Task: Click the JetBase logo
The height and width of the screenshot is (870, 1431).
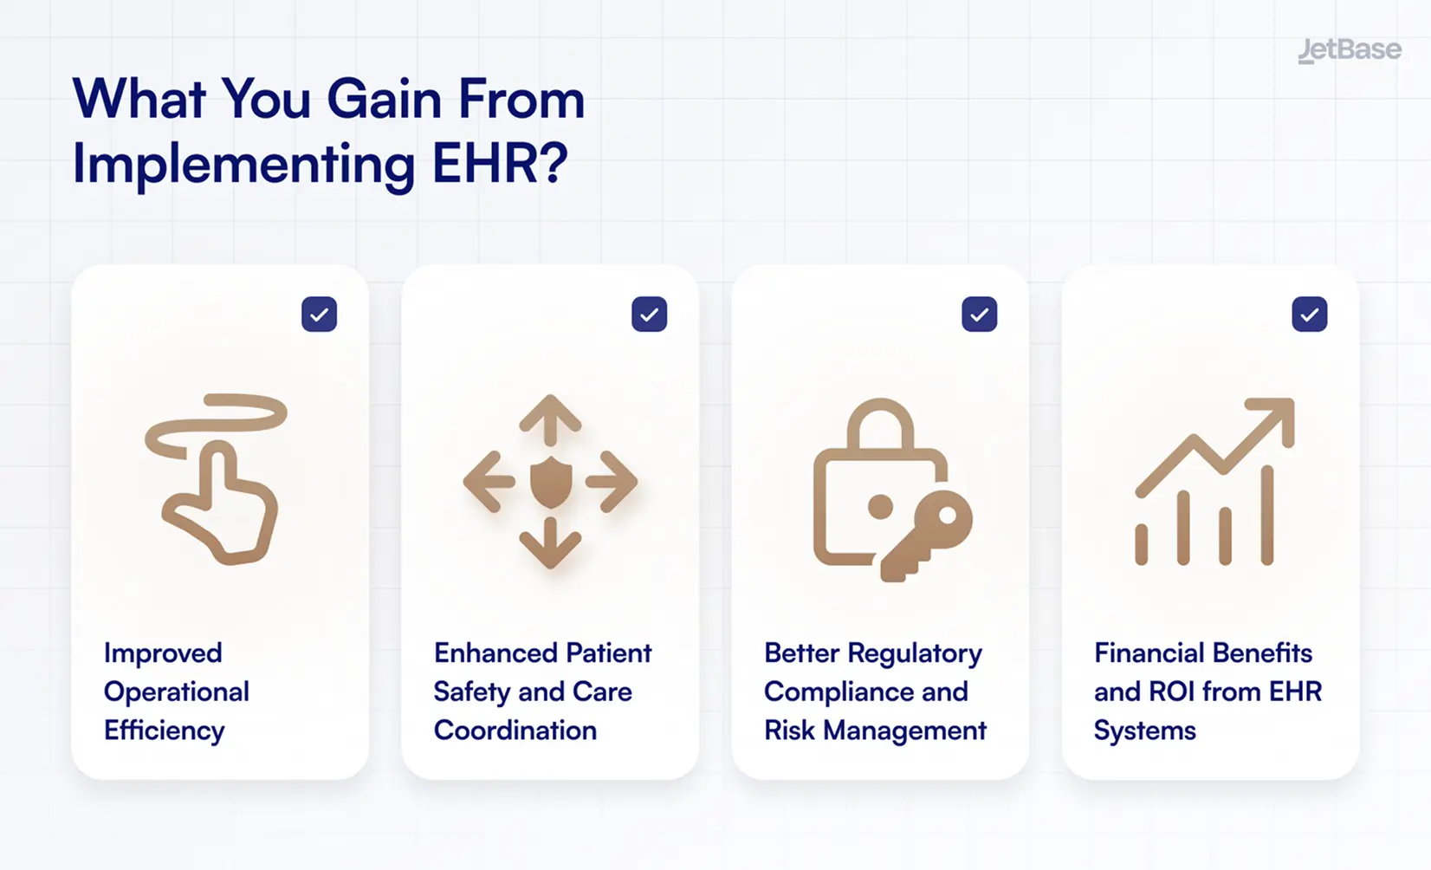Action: click(x=1349, y=50)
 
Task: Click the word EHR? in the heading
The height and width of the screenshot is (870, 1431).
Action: click(x=500, y=163)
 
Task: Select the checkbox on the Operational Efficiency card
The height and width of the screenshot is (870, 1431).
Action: click(x=319, y=315)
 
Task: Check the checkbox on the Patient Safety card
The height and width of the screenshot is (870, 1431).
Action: click(x=649, y=315)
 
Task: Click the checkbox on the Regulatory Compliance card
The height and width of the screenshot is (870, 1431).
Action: click(x=979, y=315)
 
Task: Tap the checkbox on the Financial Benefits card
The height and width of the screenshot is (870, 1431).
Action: click(x=1309, y=315)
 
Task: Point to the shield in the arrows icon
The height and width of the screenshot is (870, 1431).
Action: click(x=550, y=483)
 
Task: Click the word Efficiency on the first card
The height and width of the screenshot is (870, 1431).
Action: click(x=164, y=730)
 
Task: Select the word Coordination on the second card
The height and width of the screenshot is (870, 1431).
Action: click(x=515, y=730)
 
